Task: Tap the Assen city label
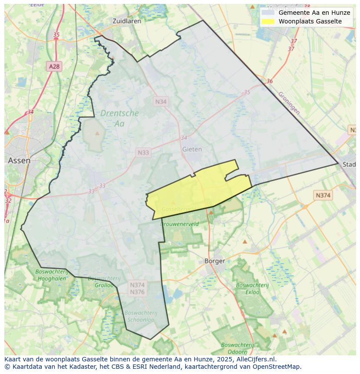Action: pyautogui.click(x=19, y=160)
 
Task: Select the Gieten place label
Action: pyautogui.click(x=192, y=149)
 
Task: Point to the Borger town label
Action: pyautogui.click(x=215, y=261)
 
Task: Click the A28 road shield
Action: pyautogui.click(x=54, y=66)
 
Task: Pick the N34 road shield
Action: pyautogui.click(x=160, y=101)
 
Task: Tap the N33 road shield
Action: pyautogui.click(x=143, y=152)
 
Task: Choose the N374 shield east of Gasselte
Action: pyautogui.click(x=323, y=195)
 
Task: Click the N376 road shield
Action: pyautogui.click(x=137, y=292)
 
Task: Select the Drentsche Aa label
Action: pyautogui.click(x=120, y=118)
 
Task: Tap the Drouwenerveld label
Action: pyautogui.click(x=180, y=224)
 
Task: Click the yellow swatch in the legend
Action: pyautogui.click(x=268, y=21)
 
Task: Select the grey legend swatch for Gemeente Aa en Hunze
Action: pyautogui.click(x=268, y=13)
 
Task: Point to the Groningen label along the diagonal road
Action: pyautogui.click(x=289, y=103)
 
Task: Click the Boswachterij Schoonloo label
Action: pyautogui.click(x=140, y=316)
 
